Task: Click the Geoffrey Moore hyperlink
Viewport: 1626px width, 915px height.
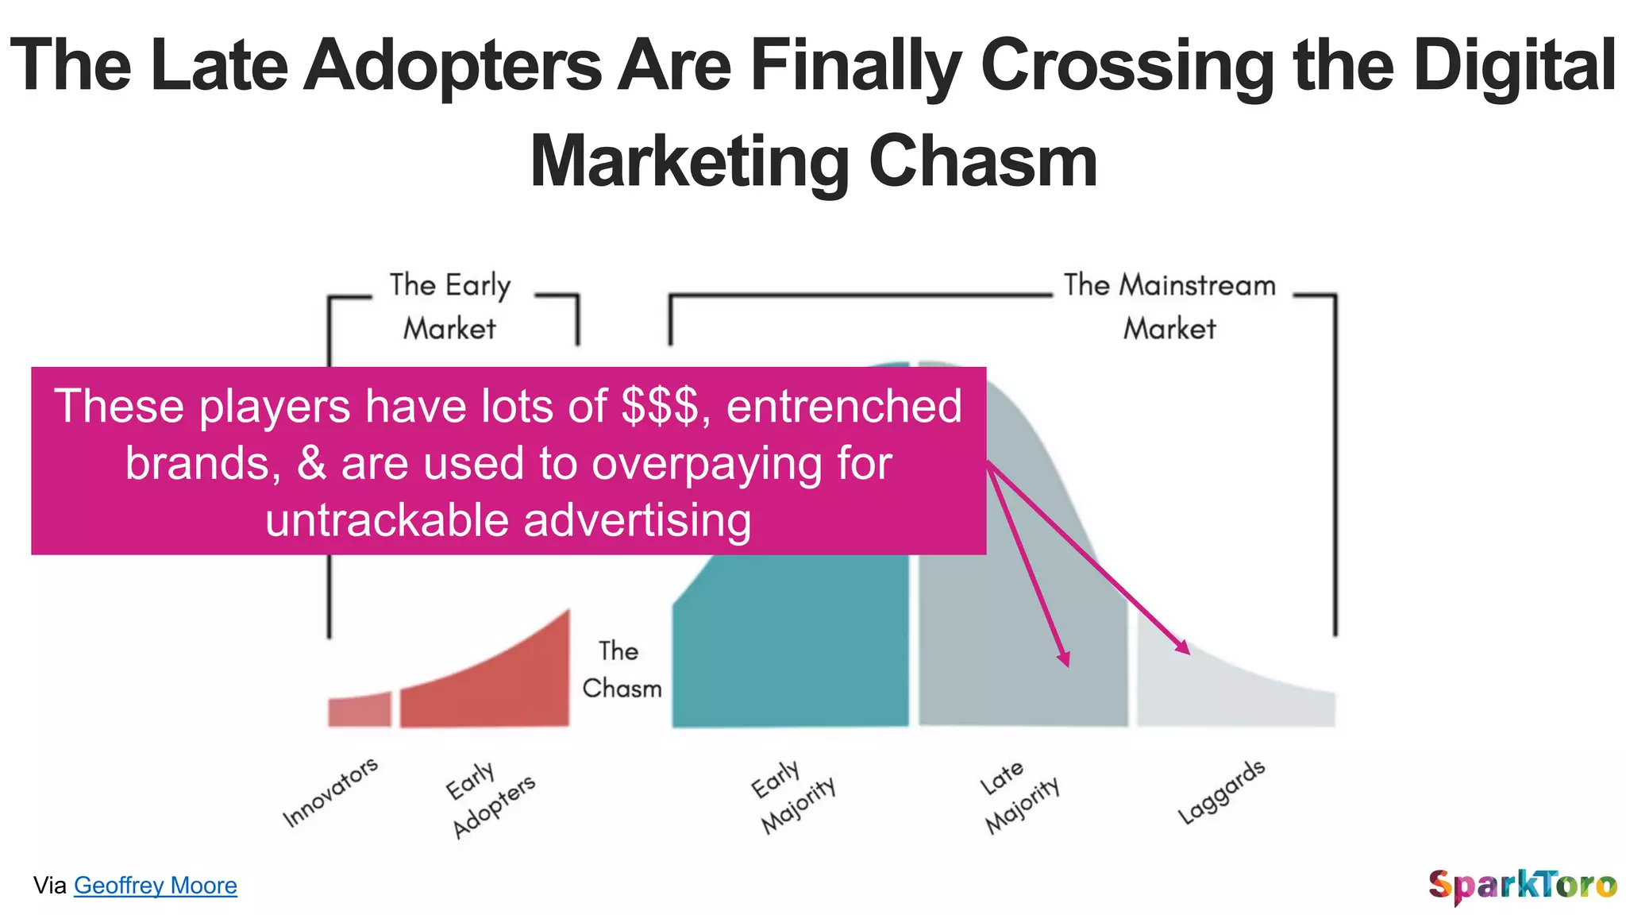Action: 156,885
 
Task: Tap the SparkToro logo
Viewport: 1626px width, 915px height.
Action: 1522,885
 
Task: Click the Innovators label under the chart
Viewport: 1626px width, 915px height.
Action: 330,792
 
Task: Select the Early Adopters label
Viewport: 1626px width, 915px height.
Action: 490,799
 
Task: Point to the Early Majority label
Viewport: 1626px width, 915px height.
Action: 793,797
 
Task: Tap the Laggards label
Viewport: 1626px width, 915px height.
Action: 1220,792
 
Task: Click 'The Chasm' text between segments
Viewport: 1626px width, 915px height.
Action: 621,670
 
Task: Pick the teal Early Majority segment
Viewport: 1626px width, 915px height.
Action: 790,643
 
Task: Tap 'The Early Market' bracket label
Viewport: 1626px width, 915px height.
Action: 450,307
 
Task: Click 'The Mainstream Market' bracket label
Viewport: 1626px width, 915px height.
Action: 1169,307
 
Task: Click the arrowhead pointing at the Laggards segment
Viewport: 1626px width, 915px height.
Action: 1183,647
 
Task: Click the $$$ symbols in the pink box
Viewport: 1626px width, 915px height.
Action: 661,406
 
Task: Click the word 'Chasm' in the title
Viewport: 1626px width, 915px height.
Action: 983,162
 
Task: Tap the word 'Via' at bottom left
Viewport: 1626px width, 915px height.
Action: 50,885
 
